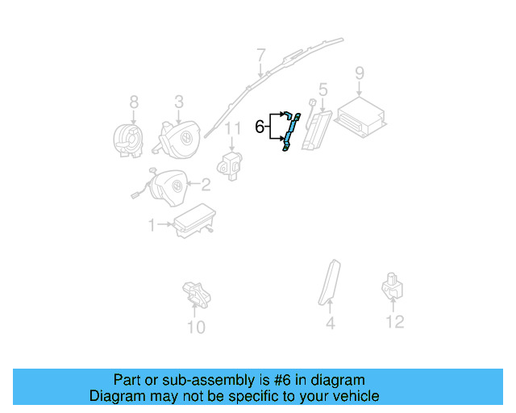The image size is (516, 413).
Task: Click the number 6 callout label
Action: tap(260, 127)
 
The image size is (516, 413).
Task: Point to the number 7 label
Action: tap(260, 55)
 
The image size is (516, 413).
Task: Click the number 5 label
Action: tap(322, 90)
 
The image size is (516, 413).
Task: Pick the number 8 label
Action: tap(134, 102)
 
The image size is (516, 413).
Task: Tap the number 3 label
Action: tap(179, 102)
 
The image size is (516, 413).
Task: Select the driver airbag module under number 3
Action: tap(179, 136)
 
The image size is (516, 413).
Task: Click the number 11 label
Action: tap(233, 128)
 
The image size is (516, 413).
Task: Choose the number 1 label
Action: tap(152, 226)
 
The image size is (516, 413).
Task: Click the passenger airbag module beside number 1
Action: tap(190, 221)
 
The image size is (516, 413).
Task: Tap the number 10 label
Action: tap(196, 327)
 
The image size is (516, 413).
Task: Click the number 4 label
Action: tap(330, 324)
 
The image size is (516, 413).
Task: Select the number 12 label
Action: tap(393, 323)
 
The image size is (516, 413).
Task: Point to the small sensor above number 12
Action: tap(392, 286)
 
